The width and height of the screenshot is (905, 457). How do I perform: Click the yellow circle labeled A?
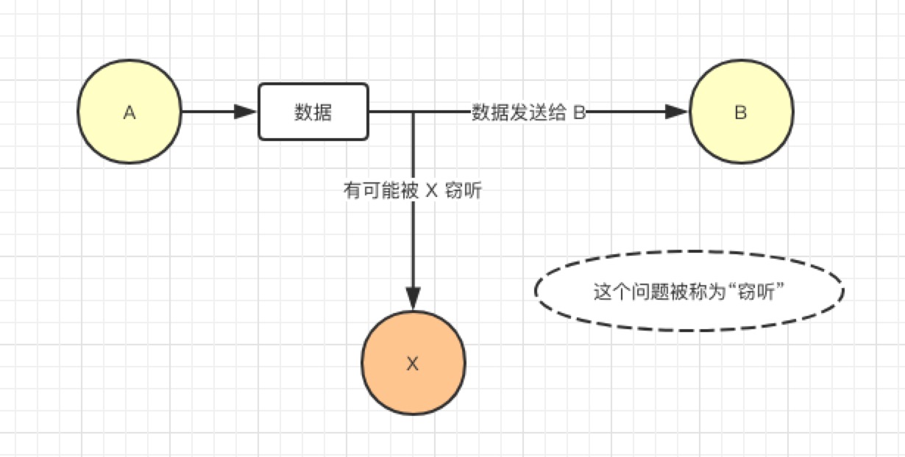click(129, 112)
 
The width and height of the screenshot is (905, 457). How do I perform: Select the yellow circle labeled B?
click(741, 112)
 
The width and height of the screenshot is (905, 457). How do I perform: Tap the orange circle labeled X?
click(413, 363)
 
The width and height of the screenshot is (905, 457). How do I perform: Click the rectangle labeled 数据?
click(313, 112)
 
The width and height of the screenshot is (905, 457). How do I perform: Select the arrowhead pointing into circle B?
click(676, 112)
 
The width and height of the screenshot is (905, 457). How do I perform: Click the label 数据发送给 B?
click(528, 112)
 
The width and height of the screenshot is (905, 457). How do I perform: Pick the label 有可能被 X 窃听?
click(413, 191)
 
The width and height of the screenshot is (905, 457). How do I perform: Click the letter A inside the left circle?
click(129, 112)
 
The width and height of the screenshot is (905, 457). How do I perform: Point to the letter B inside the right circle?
click(741, 112)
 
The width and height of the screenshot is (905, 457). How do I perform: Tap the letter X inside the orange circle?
click(413, 363)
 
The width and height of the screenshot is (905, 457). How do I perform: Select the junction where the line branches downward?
click(414, 112)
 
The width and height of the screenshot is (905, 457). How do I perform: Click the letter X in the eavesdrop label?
click(432, 191)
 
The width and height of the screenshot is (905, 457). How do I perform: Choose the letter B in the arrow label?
click(579, 112)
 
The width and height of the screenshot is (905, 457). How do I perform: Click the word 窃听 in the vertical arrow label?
click(464, 191)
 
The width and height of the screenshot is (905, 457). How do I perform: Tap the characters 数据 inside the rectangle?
click(313, 112)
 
